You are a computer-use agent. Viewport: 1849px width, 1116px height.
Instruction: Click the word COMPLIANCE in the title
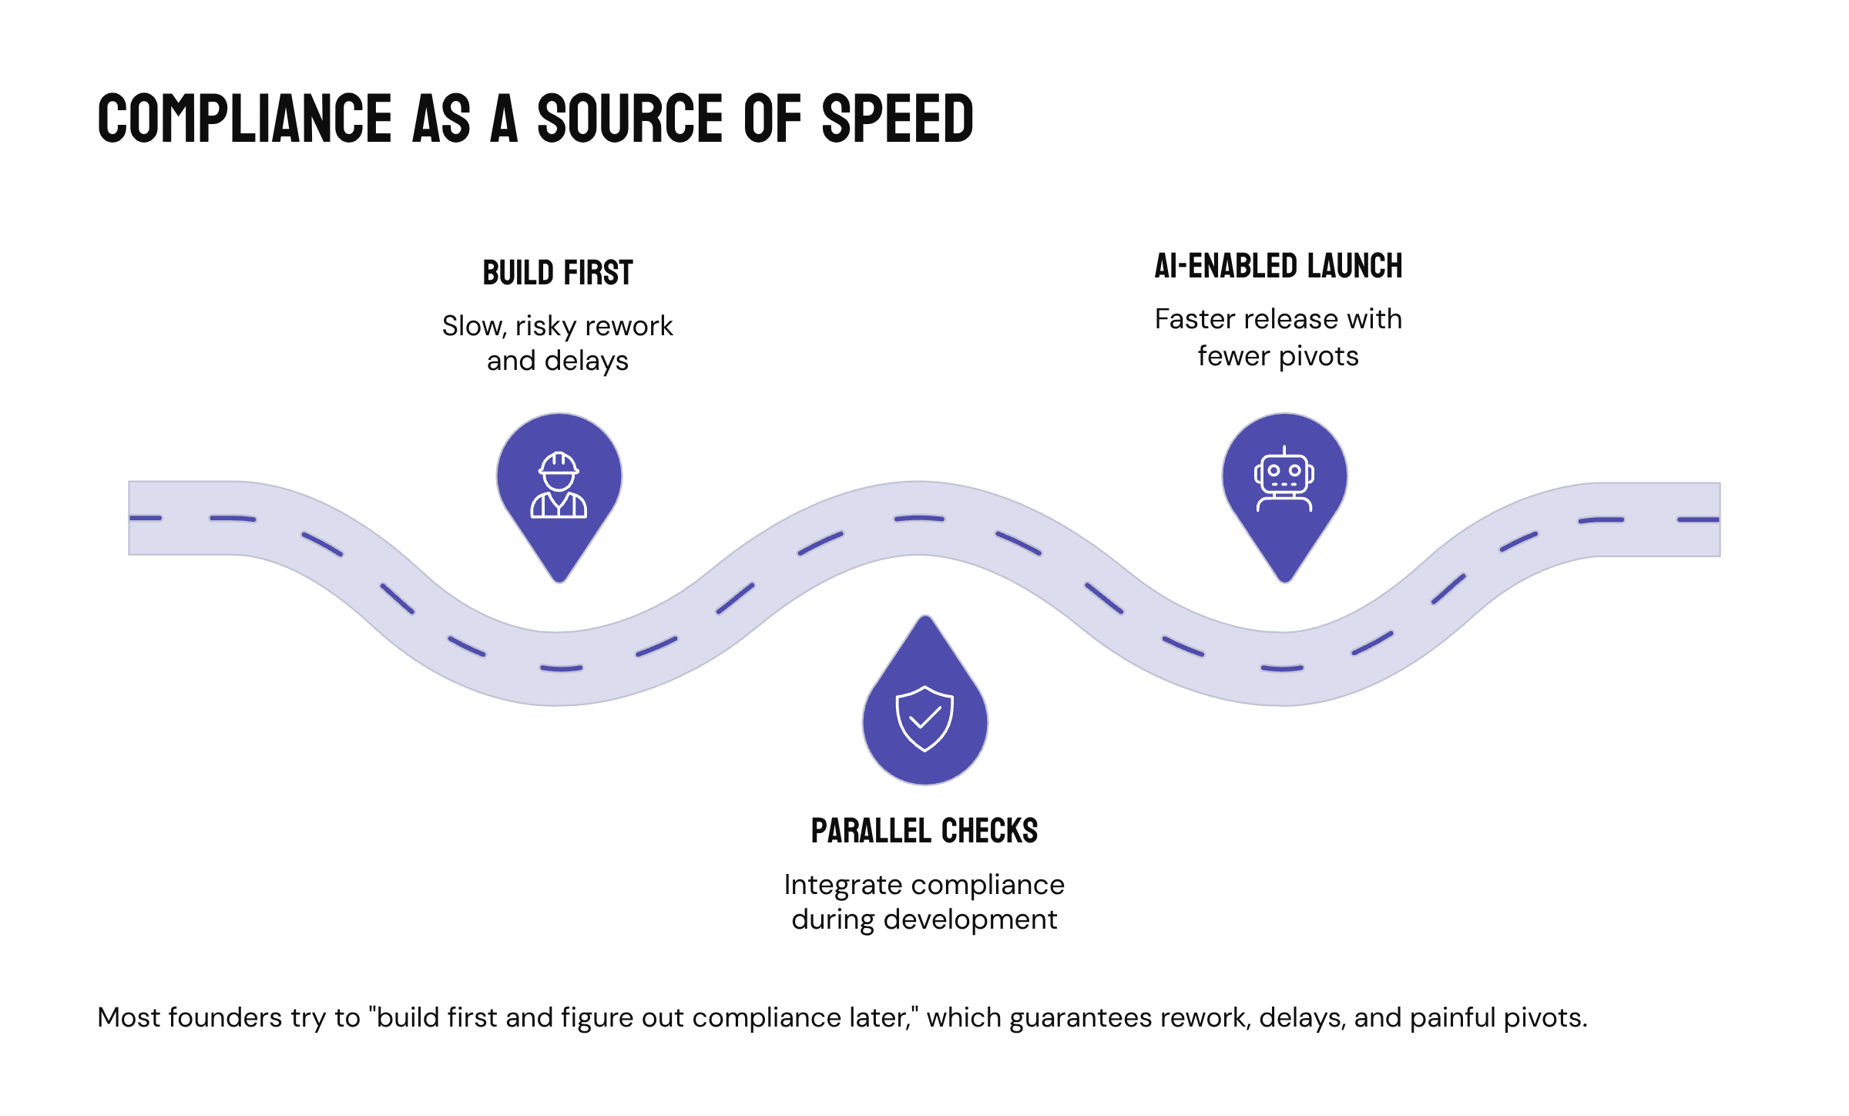point(245,119)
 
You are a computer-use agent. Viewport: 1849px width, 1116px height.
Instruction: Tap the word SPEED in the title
point(898,119)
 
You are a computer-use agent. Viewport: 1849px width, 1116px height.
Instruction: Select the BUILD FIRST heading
point(558,274)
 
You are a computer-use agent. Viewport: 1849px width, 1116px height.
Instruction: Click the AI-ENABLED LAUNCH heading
point(1278,267)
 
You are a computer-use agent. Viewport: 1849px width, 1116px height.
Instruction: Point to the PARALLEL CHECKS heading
point(924,832)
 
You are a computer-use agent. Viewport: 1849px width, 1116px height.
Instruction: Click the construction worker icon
point(559,485)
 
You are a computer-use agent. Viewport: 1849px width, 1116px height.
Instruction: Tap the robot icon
point(1284,479)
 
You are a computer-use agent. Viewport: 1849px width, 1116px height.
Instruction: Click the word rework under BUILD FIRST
point(629,326)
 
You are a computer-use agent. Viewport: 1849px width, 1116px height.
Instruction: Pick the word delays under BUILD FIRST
point(586,361)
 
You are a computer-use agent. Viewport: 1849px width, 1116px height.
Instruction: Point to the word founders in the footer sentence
point(225,1018)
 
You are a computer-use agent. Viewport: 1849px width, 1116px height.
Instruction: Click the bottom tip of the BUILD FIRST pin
point(560,580)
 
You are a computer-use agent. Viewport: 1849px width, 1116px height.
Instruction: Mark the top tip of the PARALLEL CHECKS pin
point(925,618)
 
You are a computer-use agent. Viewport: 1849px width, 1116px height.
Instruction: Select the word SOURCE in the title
point(630,119)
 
